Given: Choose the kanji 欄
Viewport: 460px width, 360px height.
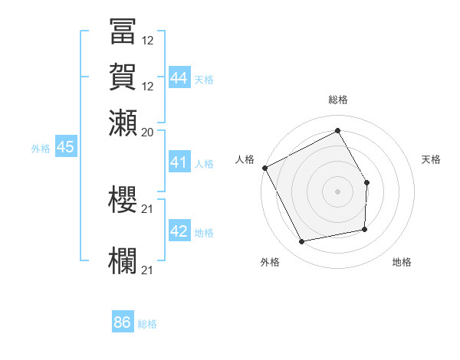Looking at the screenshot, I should pyautogui.click(x=123, y=259).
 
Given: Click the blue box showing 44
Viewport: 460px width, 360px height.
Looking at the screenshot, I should pyautogui.click(x=179, y=77).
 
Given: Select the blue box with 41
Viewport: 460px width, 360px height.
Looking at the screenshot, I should pyautogui.click(x=179, y=163).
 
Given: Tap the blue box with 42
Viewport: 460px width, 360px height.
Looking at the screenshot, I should pyautogui.click(x=179, y=231).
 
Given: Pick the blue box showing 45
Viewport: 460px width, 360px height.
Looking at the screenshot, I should pyautogui.click(x=65, y=148).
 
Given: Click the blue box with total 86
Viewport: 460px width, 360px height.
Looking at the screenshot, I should pyautogui.click(x=123, y=322).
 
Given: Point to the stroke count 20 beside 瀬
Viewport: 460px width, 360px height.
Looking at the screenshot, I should pyautogui.click(x=148, y=132).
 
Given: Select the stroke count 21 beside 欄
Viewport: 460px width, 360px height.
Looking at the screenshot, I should pyautogui.click(x=148, y=270).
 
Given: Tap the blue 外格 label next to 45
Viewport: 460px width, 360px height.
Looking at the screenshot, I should pyautogui.click(x=40, y=149).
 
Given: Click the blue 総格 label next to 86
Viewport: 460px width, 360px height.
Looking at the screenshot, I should pyautogui.click(x=147, y=324).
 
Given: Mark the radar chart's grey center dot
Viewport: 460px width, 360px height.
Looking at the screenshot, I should pyautogui.click(x=337, y=191).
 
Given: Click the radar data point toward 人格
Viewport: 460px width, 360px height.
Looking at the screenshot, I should pyautogui.click(x=264, y=168).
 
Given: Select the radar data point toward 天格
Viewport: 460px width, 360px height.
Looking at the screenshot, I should pyautogui.click(x=367, y=182).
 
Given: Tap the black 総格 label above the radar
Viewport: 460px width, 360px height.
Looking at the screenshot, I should pyautogui.click(x=337, y=100).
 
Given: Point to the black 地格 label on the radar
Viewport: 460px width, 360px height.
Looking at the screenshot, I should pyautogui.click(x=402, y=263).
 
